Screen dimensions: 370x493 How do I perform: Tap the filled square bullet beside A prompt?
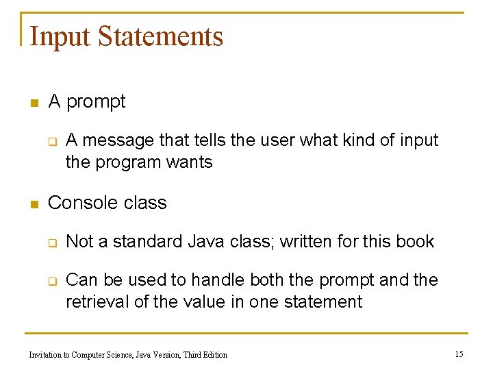(x=32, y=103)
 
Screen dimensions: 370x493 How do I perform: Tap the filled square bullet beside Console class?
(x=32, y=204)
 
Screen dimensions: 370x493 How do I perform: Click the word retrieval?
(x=94, y=301)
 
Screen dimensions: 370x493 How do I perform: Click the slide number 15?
(x=459, y=354)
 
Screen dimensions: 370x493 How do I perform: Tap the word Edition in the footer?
(x=214, y=354)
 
